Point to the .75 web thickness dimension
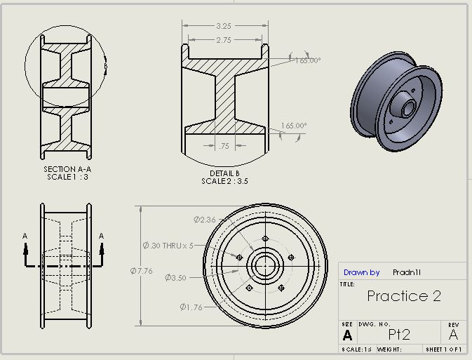click(224, 146)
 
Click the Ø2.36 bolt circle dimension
click(204, 220)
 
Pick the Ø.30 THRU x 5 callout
click(168, 246)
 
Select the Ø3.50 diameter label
click(175, 278)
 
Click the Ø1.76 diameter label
click(191, 307)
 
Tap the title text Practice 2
click(404, 296)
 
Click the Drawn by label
click(361, 272)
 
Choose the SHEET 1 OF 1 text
click(445, 349)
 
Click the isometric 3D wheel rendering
click(396, 103)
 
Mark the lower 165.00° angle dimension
click(294, 126)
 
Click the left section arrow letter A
click(25, 236)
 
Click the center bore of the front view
click(265, 266)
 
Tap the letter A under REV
click(453, 334)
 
